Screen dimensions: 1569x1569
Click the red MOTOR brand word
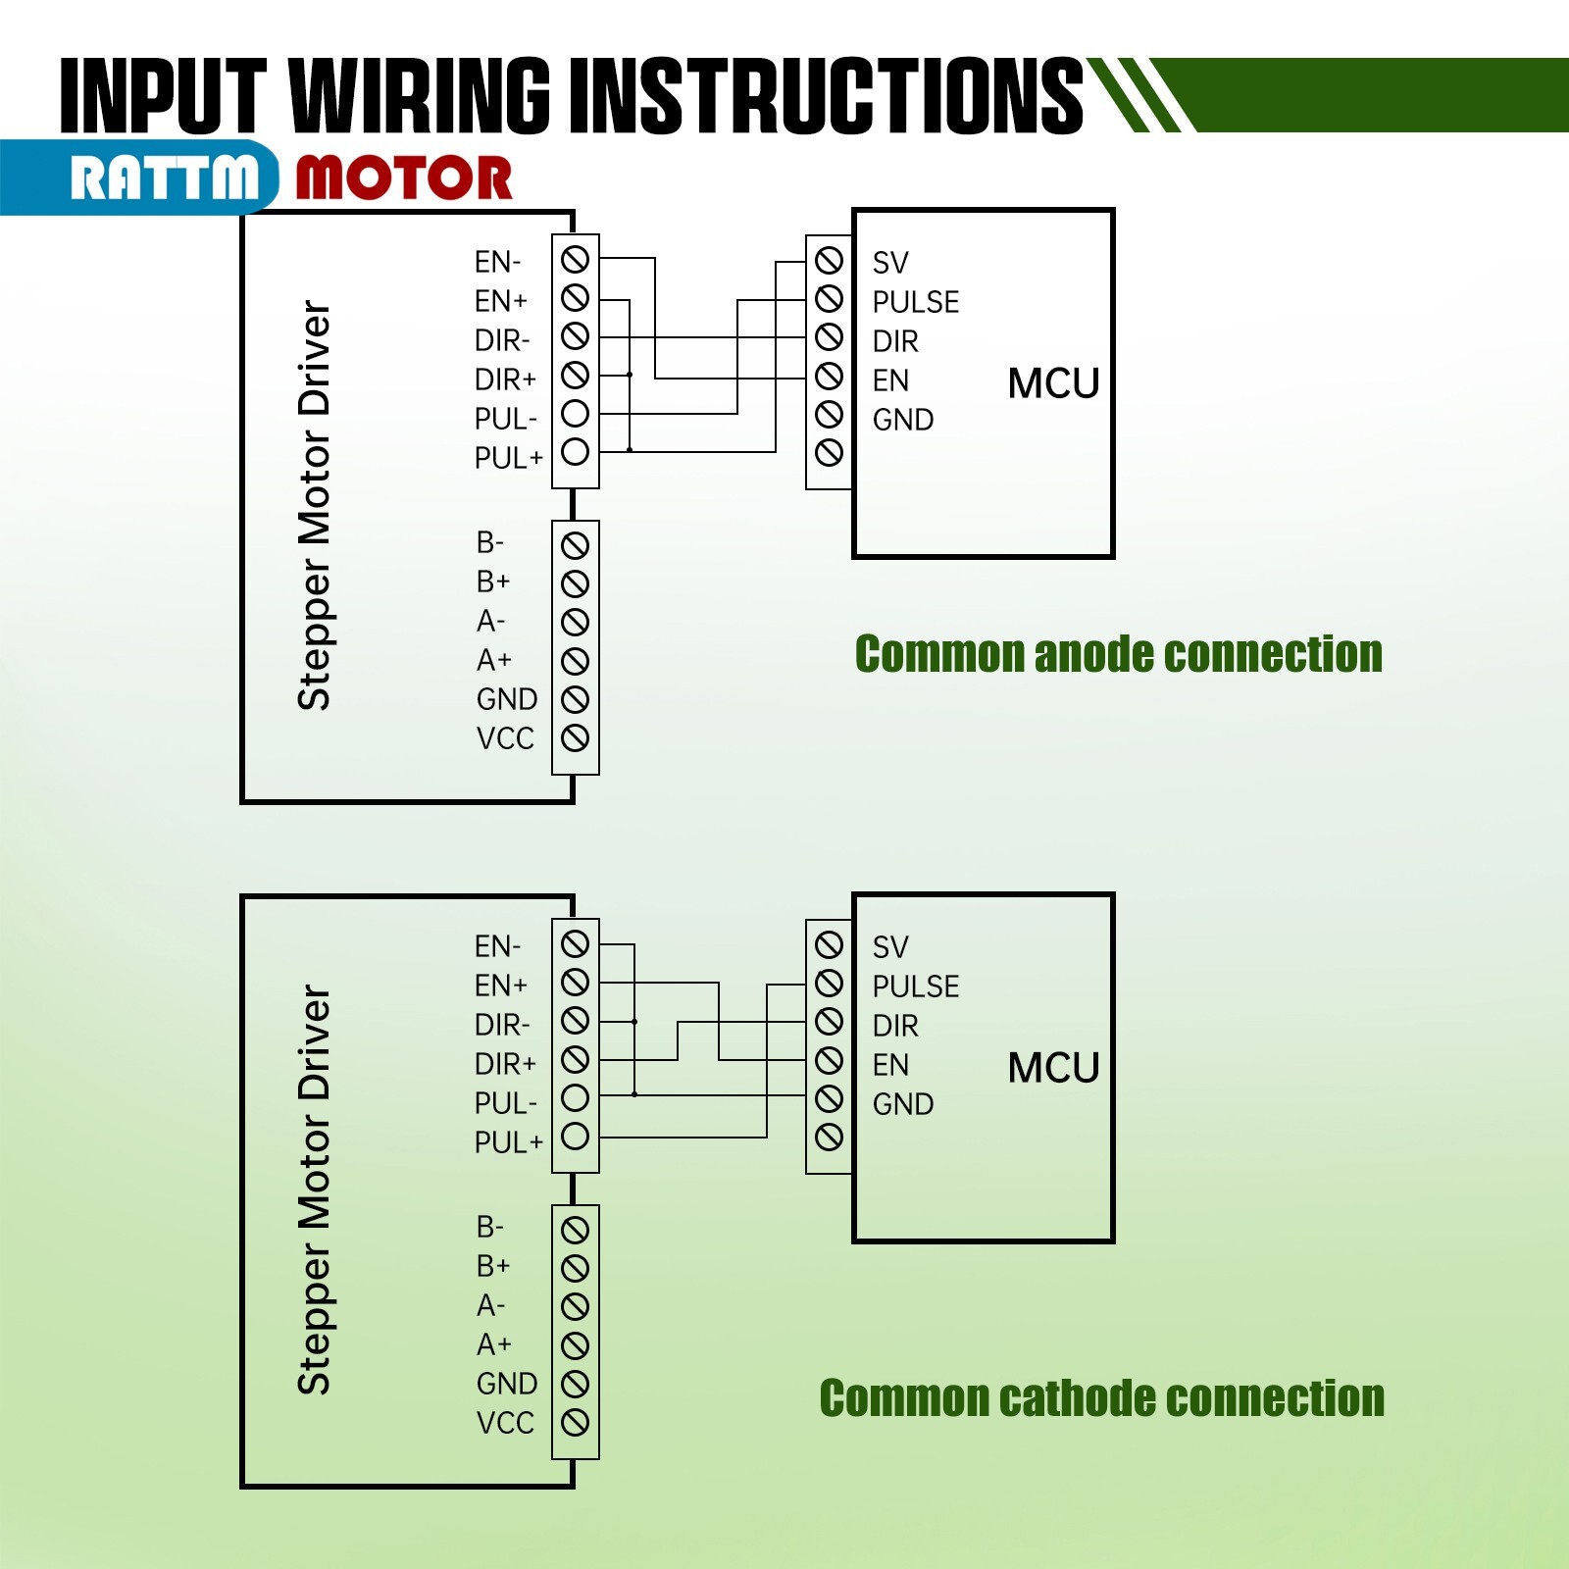(404, 178)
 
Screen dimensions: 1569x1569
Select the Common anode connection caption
(1118, 654)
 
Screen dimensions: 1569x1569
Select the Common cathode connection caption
(1101, 1397)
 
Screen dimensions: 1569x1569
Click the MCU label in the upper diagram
(1054, 383)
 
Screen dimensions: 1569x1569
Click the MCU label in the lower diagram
(1054, 1068)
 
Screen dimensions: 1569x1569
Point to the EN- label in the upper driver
(497, 262)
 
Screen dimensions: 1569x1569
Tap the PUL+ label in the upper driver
(508, 458)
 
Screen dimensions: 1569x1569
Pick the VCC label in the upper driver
(505, 738)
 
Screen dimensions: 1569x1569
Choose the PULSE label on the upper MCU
(916, 302)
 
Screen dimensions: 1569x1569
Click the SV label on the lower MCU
(890, 947)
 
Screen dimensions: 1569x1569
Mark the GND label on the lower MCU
(903, 1104)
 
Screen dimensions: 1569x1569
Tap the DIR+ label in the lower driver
(505, 1064)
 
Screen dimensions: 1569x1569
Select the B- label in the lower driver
(490, 1227)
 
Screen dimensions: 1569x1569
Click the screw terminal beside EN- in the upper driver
(576, 259)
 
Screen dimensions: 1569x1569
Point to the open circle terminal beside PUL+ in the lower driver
(576, 1137)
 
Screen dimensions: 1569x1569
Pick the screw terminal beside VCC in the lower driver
(576, 1422)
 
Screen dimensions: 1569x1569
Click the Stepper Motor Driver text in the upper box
(314, 505)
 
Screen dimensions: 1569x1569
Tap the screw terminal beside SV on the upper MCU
(829, 260)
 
